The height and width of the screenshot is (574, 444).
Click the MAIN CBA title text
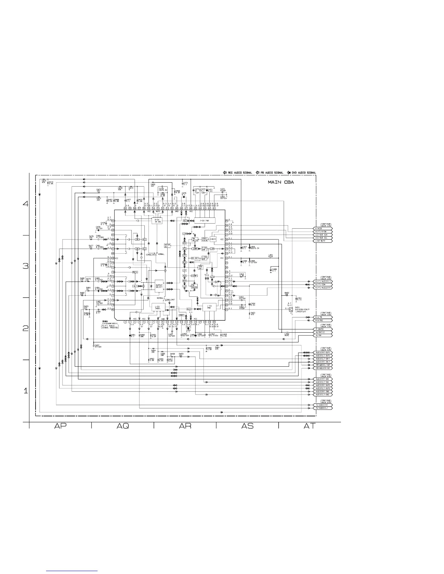pyautogui.click(x=281, y=182)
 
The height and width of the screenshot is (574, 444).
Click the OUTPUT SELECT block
pyautogui.click(x=159, y=286)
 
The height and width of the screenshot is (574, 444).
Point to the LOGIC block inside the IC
pyautogui.click(x=213, y=239)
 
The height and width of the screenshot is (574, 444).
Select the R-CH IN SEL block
pyautogui.click(x=157, y=220)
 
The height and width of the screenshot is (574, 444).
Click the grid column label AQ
pyautogui.click(x=123, y=426)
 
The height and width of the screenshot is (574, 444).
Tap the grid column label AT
pyautogui.click(x=309, y=426)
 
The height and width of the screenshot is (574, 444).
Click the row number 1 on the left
pyautogui.click(x=26, y=391)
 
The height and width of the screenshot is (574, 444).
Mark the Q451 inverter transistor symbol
pyautogui.click(x=291, y=309)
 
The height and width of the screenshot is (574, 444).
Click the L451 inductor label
pyautogui.click(x=270, y=255)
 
